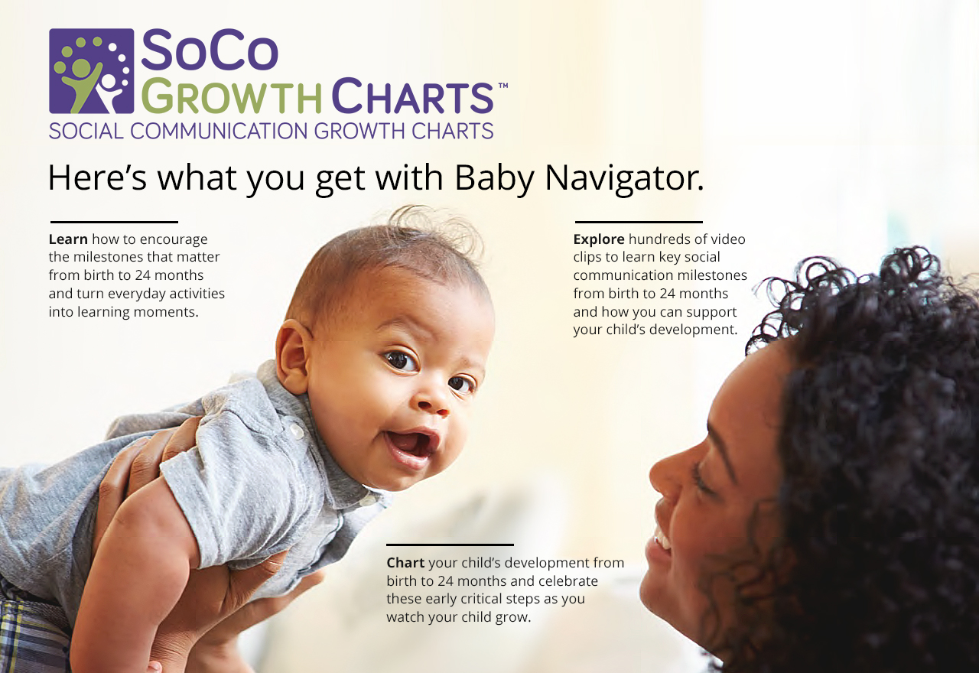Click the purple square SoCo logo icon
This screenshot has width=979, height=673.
pos(91,71)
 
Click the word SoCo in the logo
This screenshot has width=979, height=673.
pos(210,50)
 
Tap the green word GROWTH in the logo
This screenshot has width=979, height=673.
pos(232,96)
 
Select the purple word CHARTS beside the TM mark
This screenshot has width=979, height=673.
pos(413,96)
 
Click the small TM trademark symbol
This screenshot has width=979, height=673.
pos(503,86)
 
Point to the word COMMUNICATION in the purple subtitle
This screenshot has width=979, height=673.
pos(220,131)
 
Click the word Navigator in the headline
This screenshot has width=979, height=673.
pos(624,178)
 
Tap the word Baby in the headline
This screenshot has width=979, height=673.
pos(494,179)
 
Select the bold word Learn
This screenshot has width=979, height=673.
pos(68,239)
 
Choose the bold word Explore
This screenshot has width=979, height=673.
pos(599,240)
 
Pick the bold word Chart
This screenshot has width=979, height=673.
pos(405,562)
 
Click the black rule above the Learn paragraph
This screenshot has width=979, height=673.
pos(114,222)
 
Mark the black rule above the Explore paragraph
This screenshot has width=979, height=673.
pos(639,222)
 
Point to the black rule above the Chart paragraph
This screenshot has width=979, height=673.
pos(450,545)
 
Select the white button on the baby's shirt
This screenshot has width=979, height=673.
pos(296,432)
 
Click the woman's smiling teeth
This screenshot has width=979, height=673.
pos(662,540)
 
